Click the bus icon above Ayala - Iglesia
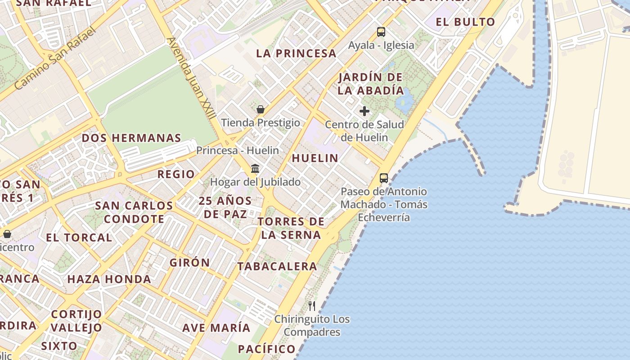tap(381, 32)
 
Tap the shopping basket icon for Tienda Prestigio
tap(260, 109)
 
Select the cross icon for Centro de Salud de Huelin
tap(364, 111)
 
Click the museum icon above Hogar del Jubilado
tap(255, 169)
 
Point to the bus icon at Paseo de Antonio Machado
tap(383, 178)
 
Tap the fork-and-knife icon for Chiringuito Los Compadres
tap(312, 306)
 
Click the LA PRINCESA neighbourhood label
tap(296, 54)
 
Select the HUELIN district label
tap(315, 158)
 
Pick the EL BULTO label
tap(465, 22)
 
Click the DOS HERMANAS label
tap(131, 138)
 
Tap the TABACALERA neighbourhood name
tap(277, 266)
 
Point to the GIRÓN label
tap(189, 263)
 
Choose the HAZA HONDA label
tap(109, 279)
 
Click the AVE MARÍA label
tap(216, 328)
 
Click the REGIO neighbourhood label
tap(176, 174)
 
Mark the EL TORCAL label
tap(79, 238)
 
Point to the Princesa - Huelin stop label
tap(238, 150)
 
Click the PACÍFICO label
tap(266, 349)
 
